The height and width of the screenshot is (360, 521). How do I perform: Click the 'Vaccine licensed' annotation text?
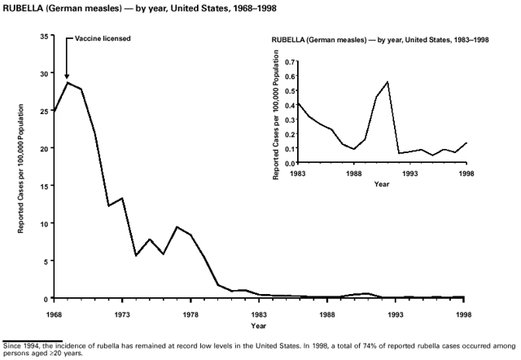click(103, 39)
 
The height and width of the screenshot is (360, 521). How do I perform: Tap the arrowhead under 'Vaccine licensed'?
click(67, 77)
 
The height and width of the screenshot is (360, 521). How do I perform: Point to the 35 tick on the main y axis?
click(47, 36)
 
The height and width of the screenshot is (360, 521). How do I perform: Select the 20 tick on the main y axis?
click(47, 148)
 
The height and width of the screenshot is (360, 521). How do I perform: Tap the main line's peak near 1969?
click(68, 82)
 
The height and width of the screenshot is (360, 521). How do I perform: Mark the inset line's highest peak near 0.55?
click(387, 81)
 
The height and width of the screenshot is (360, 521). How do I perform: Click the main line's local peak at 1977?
click(177, 226)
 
